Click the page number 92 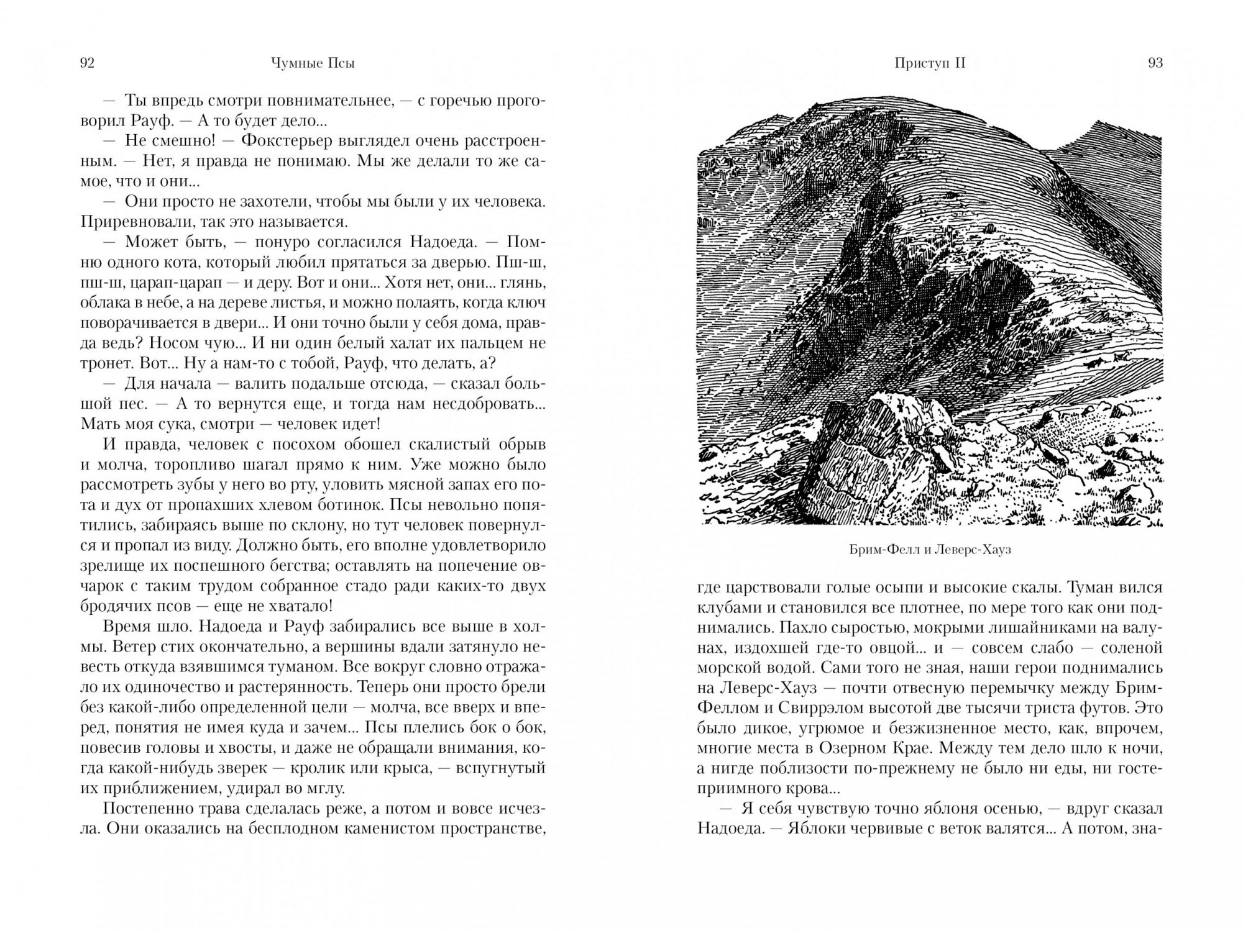[87, 63]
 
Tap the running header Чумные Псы [313, 63]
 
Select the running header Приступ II [930, 63]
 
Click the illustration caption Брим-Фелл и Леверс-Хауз [929, 550]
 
